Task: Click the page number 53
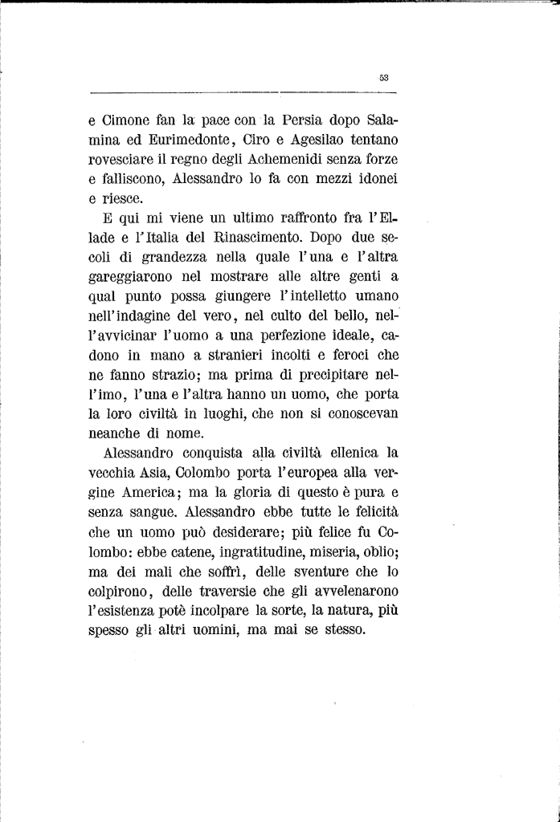383,78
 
